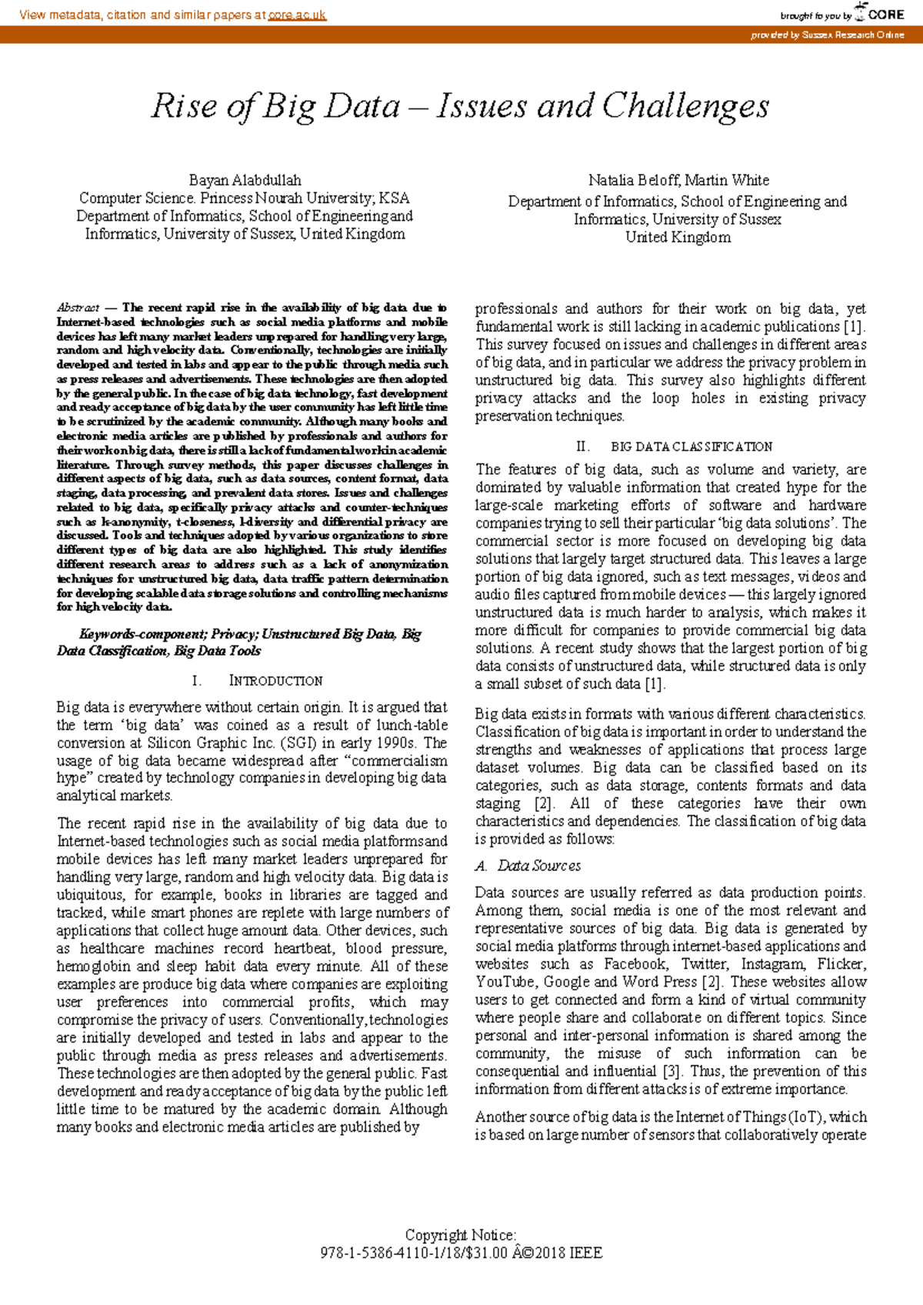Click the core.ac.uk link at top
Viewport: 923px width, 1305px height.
click(x=297, y=15)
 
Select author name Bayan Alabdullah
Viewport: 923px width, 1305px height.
click(x=245, y=180)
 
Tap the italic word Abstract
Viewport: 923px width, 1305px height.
click(x=78, y=308)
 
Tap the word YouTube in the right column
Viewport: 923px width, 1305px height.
click(x=505, y=982)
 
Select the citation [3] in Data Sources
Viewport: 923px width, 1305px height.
click(x=670, y=1071)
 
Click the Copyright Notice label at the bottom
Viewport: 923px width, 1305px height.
click(x=460, y=1235)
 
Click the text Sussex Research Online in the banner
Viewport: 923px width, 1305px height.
click(x=852, y=35)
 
